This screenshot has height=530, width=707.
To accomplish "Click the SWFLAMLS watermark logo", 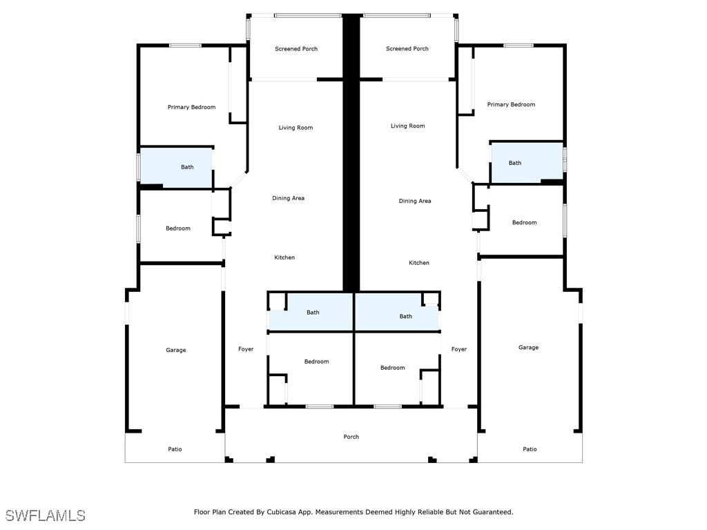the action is tap(45, 516).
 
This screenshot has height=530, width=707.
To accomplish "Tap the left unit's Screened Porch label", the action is tap(296, 49).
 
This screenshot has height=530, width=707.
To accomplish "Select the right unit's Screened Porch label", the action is tap(407, 49).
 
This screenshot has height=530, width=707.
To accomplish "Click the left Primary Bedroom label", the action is tap(192, 107).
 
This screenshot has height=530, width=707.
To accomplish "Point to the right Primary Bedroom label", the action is tap(512, 105).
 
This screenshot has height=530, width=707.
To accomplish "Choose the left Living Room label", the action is tap(296, 128).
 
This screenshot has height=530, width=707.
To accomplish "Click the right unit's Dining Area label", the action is tap(415, 201).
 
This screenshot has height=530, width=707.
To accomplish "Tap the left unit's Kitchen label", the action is tap(284, 257).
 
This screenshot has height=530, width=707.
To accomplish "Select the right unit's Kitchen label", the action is tap(419, 263).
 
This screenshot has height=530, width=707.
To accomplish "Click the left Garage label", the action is tap(176, 350).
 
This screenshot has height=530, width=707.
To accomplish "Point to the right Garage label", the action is tap(528, 348).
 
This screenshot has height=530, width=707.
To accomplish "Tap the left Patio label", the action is tap(175, 449).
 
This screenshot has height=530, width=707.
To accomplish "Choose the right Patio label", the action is tap(530, 449).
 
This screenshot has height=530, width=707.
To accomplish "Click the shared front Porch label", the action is tap(351, 437).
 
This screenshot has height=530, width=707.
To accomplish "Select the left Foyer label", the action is tap(246, 349).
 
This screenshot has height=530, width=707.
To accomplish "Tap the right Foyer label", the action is tap(459, 349).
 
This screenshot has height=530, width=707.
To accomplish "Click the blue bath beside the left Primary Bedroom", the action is tap(176, 167).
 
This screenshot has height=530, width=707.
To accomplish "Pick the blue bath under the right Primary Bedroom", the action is tap(527, 163).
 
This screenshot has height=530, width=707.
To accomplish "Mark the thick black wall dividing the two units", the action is tap(351, 153).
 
